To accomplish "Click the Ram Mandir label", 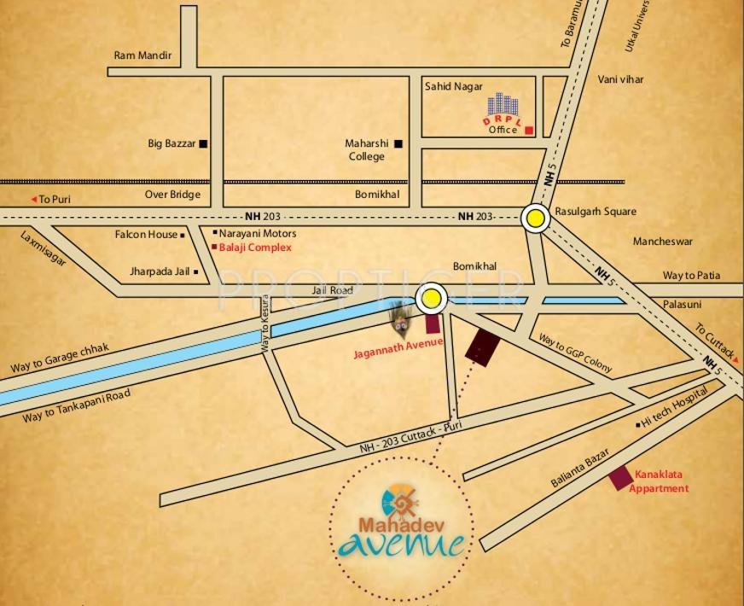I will point(142,55).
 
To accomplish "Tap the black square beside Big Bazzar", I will point(203,144).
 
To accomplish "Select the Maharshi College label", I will point(367,150).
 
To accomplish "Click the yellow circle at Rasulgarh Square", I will point(536,219).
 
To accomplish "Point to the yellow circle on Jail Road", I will point(432,299).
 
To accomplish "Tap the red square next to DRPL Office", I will point(529,131).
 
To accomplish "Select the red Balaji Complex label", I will point(255,248).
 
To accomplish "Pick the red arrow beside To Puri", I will point(34,199).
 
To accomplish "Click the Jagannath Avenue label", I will point(398,344).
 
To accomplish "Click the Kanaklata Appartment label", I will point(659,481).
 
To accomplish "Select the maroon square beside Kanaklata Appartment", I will point(620,478).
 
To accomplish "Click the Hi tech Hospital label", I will point(675,408).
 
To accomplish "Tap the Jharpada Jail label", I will point(160,272).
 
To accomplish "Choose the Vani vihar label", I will point(620,79).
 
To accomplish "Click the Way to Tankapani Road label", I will point(76,405).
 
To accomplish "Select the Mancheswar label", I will point(662,242).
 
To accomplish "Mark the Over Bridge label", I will point(172,195).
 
